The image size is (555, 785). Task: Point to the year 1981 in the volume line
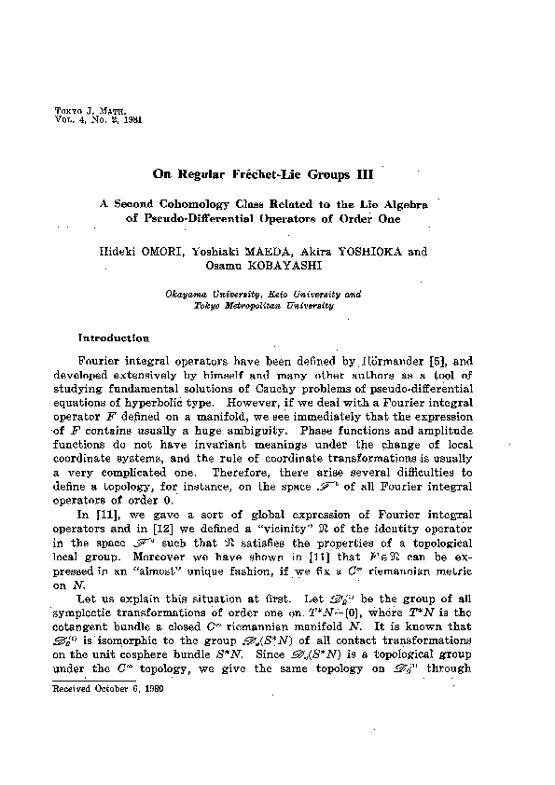(127, 120)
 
